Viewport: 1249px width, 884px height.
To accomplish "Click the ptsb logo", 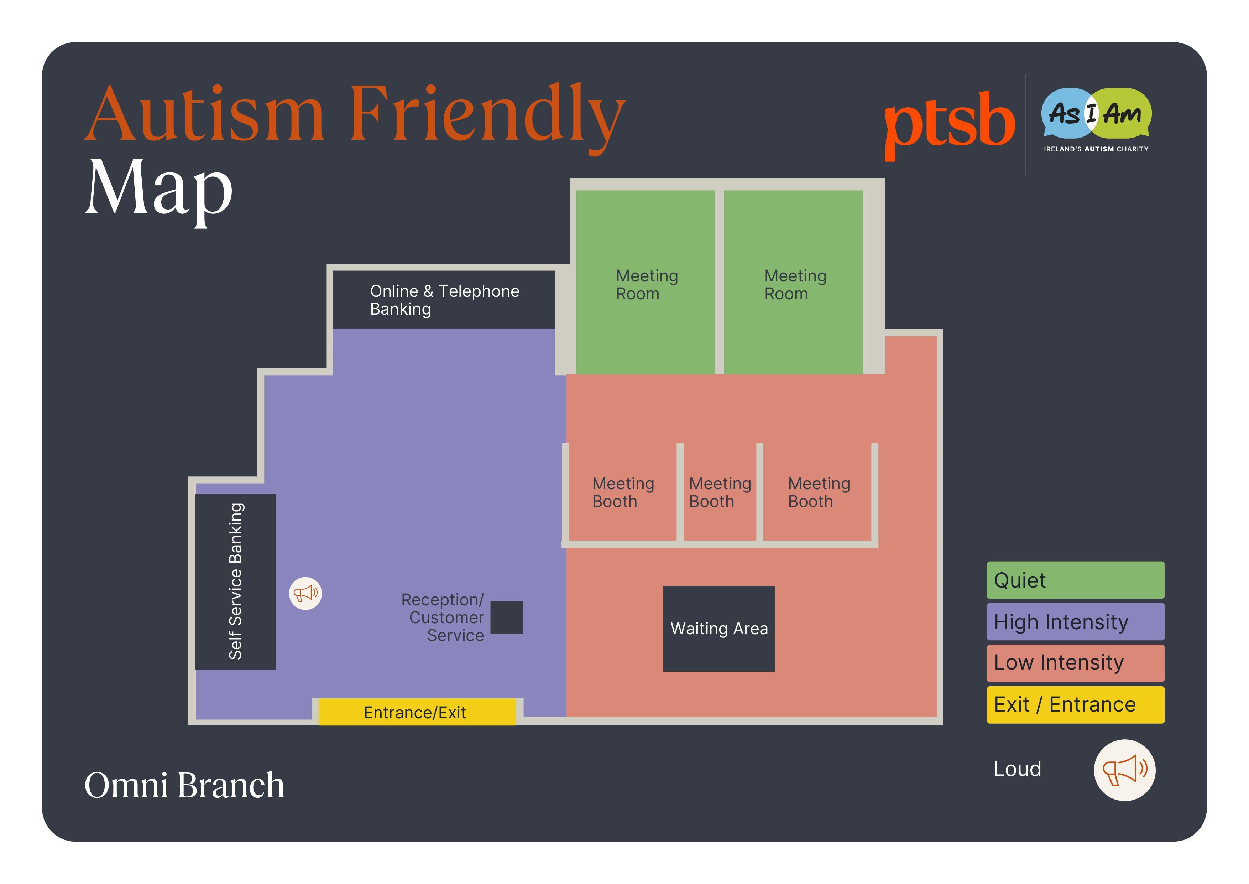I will tap(949, 124).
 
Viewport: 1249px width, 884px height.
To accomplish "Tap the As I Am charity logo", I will tap(1096, 119).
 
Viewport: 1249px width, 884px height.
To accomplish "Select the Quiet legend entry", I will tap(1075, 580).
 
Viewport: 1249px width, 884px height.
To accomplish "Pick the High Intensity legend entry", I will tap(1075, 622).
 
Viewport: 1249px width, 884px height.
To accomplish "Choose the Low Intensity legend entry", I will tap(1075, 663).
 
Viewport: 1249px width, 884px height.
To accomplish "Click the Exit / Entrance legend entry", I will tap(1075, 704).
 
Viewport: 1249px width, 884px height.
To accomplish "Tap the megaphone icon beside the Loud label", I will tap(1124, 770).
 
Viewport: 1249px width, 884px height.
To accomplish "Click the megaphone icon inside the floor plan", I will tap(305, 593).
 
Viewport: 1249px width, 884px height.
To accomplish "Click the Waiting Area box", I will tap(718, 629).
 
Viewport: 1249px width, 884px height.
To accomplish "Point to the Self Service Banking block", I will tap(236, 581).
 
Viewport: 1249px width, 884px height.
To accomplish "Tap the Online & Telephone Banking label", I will tap(444, 300).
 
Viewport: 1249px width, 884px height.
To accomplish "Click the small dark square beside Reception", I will tap(506, 617).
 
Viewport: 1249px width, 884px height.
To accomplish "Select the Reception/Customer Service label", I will tap(443, 617).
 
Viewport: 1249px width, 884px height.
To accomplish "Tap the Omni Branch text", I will tap(184, 785).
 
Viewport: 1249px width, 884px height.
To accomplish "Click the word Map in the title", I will tap(159, 189).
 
